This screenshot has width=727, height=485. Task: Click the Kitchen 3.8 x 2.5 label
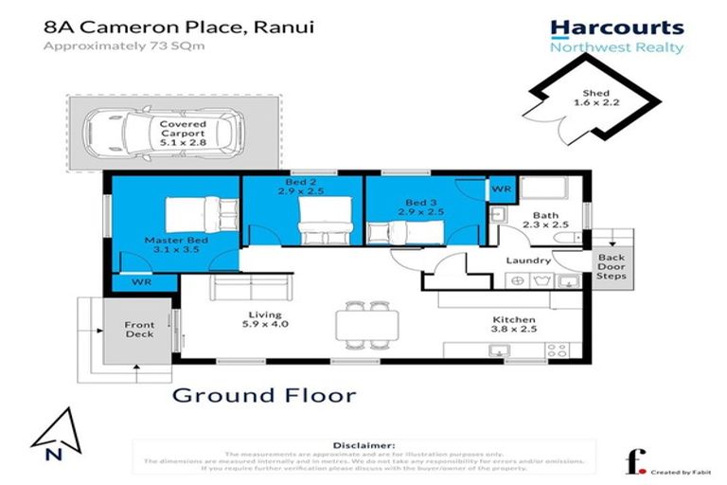tap(512, 327)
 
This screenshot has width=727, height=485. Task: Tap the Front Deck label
tap(139, 331)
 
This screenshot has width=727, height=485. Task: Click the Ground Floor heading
tap(264, 394)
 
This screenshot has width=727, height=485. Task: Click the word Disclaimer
tap(363, 444)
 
